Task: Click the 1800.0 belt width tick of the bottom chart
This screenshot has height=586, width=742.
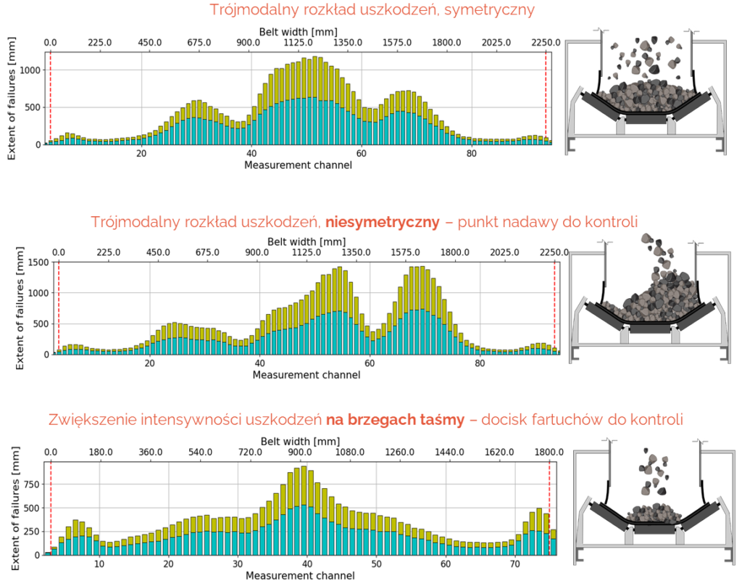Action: tap(549, 452)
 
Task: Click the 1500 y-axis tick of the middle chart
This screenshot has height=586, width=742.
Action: tap(38, 263)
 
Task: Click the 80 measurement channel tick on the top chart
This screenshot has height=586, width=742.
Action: tap(471, 154)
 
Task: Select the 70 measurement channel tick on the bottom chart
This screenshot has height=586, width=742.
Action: tap(514, 564)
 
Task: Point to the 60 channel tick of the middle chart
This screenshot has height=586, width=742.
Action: tap(370, 363)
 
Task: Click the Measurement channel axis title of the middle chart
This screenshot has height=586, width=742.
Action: tap(306, 375)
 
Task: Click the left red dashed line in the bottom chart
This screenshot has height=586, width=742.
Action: tap(51, 508)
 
